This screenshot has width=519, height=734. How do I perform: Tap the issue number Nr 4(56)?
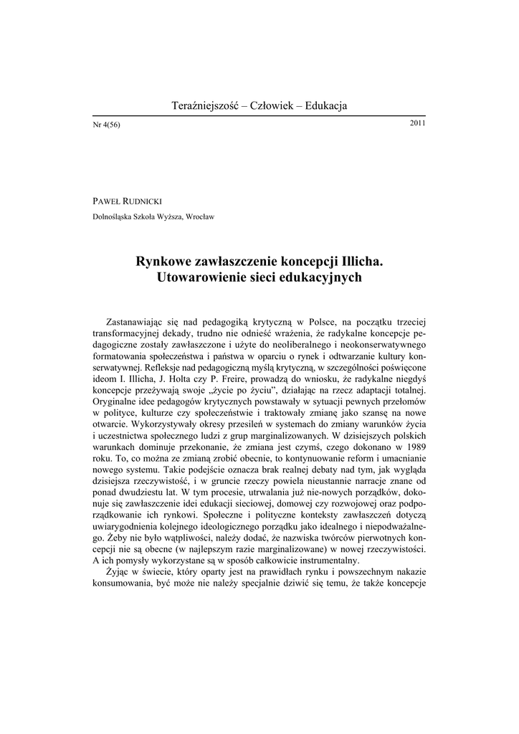(106, 125)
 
